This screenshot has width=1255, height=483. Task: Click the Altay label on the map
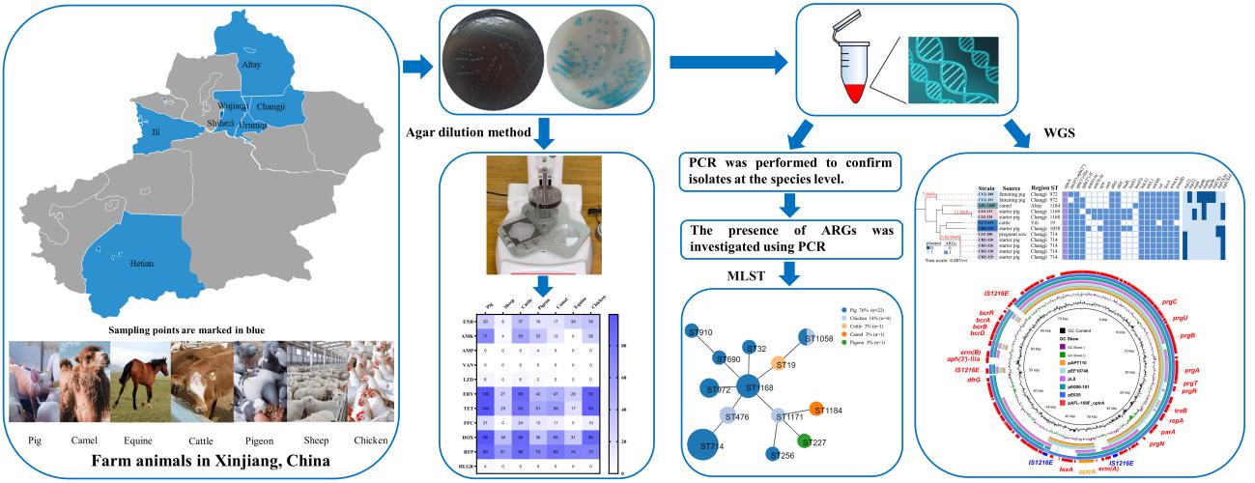pyautogui.click(x=251, y=64)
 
